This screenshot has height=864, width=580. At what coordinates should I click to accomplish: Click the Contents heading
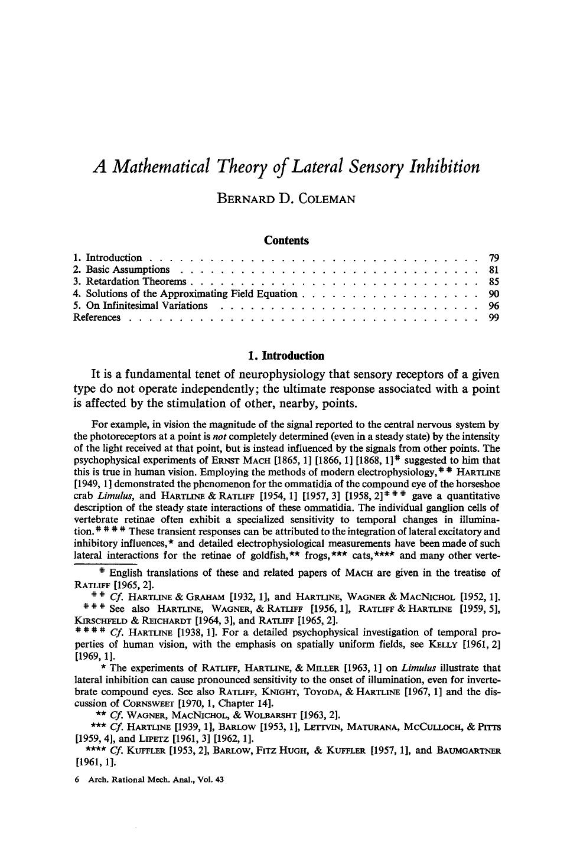click(x=286, y=240)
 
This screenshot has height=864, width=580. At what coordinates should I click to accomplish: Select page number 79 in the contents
click(x=494, y=257)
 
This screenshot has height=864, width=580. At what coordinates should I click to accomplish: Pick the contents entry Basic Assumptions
click(x=128, y=270)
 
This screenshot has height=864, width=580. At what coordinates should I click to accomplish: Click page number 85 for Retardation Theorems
click(x=494, y=282)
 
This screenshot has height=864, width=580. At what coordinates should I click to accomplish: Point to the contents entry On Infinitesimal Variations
click(x=146, y=305)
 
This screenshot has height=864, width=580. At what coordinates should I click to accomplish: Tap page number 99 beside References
click(x=494, y=318)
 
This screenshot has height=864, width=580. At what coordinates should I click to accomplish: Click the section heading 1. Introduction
click(x=286, y=356)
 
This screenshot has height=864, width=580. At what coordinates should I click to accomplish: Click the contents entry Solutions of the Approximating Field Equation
click(x=191, y=294)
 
